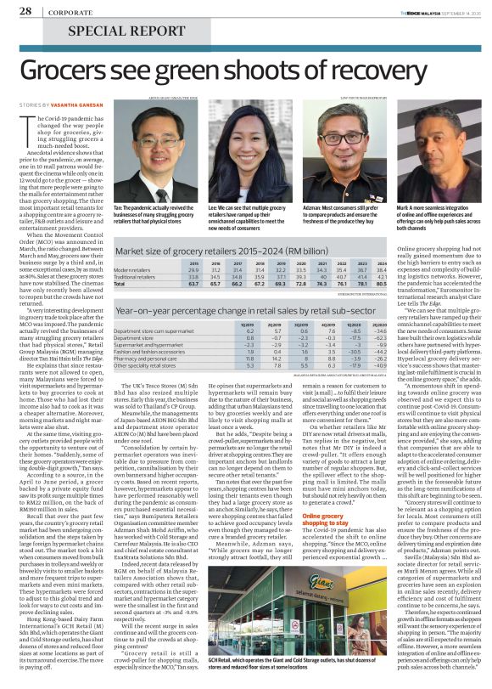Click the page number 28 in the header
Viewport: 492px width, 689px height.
pyautogui.click(x=26, y=11)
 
